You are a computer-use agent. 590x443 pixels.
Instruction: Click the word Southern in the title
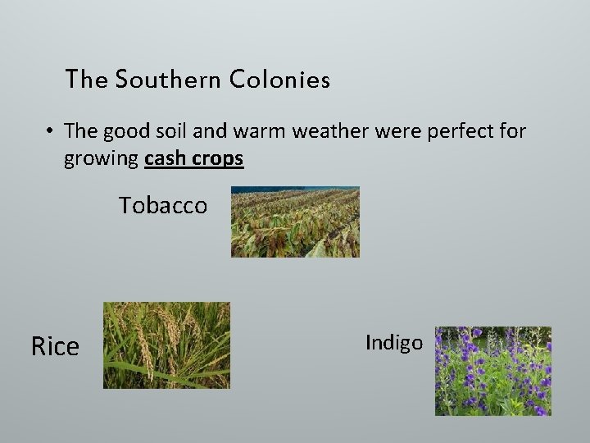coord(168,80)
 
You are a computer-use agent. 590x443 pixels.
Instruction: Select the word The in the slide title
coord(86,80)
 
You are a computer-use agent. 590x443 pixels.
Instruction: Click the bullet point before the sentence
coord(50,131)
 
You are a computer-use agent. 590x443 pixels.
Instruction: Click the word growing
coord(101,158)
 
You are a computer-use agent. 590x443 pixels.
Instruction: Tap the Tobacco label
coord(163,205)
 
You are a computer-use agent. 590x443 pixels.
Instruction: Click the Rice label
coord(55,346)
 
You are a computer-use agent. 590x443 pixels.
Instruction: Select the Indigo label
coord(393,342)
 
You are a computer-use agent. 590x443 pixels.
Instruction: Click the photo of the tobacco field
coord(295,221)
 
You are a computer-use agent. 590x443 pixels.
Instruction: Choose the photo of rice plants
coord(166,345)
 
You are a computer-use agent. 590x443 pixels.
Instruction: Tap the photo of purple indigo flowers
coord(492,371)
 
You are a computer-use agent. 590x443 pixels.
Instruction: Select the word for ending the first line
coord(513,130)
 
